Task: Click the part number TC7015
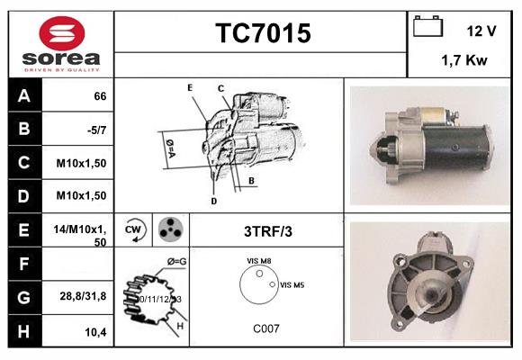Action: [x=263, y=33]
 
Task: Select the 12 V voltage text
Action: [x=481, y=31]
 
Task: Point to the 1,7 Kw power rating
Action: [x=464, y=60]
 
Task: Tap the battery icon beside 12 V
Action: [x=426, y=28]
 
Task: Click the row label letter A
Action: [x=24, y=95]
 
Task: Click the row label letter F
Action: [x=24, y=265]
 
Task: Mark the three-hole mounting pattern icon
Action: [x=169, y=230]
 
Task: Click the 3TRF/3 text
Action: [x=268, y=231]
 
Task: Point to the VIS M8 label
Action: [x=259, y=261]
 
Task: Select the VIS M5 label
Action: [x=292, y=285]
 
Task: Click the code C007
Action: [x=265, y=328]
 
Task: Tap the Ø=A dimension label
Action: [x=168, y=144]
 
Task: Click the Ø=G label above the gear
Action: [x=175, y=262]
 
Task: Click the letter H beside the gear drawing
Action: [x=180, y=325]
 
